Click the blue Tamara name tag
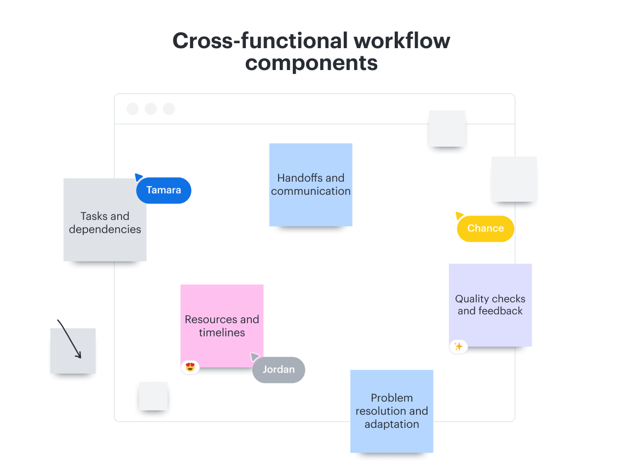tap(164, 190)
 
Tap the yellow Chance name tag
tap(486, 229)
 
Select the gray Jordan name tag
tap(279, 370)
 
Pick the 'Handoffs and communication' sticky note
tap(310, 184)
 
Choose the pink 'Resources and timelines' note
tap(222, 326)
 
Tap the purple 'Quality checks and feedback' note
tap(490, 305)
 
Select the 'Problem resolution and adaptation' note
tap(391, 411)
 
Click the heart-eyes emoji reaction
tap(190, 367)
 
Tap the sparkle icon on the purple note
tap(459, 346)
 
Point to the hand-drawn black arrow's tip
tap(80, 357)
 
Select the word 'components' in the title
tap(311, 63)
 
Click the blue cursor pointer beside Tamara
tap(138, 177)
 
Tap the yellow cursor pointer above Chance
tap(459, 216)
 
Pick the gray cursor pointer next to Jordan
tap(255, 357)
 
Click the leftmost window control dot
tap(132, 109)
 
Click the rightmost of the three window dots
tap(169, 109)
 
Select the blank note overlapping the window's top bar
tap(447, 128)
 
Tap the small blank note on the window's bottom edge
tap(153, 396)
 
